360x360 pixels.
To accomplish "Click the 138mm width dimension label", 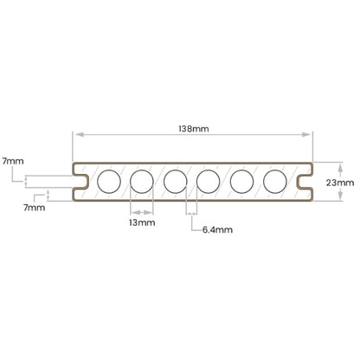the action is click(194, 129).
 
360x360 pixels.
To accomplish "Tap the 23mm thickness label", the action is click(340, 183).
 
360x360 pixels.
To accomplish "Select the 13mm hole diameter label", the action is click(142, 222).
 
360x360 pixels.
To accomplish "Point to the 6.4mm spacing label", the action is click(217, 230).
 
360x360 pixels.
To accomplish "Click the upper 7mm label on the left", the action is click(13, 161).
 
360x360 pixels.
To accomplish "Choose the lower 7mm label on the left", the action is click(35, 208).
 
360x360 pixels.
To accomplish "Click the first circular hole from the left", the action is click(109, 182).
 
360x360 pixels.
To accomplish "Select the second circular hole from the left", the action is click(142, 182).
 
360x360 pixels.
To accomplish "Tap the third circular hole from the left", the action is click(176, 182).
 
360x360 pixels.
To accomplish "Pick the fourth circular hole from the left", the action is click(209, 182).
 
